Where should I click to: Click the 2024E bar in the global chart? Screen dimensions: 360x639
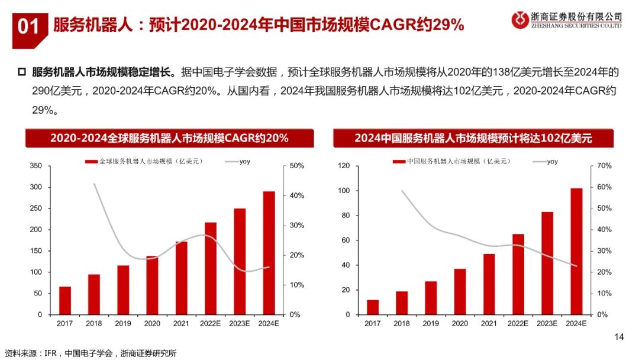tap(269, 253)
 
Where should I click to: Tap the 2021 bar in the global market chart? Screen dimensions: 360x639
tap(181, 278)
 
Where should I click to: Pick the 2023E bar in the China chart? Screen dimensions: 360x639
tap(547, 263)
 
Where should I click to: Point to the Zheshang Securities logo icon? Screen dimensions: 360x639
tap(521, 20)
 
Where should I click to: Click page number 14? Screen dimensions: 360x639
tap(619, 337)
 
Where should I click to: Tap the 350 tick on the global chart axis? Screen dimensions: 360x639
tap(35, 166)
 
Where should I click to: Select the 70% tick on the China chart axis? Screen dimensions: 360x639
tap(603, 166)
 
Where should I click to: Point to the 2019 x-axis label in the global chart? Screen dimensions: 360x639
tap(123, 323)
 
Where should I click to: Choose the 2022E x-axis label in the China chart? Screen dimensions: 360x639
tap(518, 323)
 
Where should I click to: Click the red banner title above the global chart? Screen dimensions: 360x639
tap(169, 139)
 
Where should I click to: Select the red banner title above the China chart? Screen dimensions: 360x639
tap(473, 139)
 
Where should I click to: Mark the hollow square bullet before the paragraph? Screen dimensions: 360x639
tap(22, 72)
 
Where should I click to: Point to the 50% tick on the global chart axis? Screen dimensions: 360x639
tap(296, 166)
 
